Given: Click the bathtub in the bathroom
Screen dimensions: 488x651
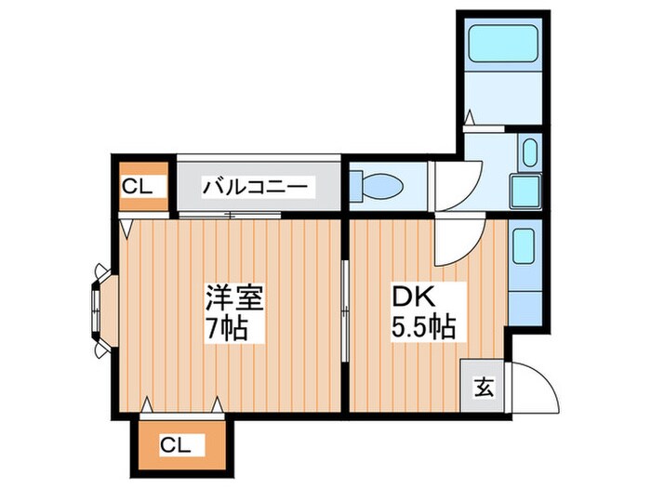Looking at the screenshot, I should click(502, 44).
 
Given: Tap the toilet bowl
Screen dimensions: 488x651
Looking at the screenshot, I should click(381, 184).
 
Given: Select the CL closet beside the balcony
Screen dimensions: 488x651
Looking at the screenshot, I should click(142, 186).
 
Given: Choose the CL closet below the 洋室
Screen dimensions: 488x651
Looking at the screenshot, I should click(181, 445).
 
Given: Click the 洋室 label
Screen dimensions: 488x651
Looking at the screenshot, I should click(235, 299).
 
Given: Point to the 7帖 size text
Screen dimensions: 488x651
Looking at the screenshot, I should click(228, 328).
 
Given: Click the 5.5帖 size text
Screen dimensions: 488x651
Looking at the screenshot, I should click(421, 328).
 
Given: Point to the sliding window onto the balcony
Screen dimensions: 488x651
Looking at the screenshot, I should click(229, 215).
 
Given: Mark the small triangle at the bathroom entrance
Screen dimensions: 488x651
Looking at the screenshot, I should click(470, 118).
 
